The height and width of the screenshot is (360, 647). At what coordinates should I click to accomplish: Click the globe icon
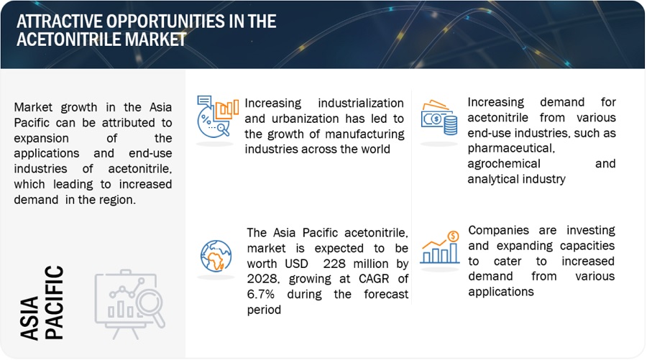(x=216, y=256)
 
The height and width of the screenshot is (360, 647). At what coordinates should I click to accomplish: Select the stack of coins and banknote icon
(x=439, y=118)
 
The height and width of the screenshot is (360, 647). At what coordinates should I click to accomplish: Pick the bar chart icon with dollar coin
(x=440, y=247)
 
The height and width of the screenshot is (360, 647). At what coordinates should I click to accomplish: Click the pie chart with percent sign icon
(x=217, y=116)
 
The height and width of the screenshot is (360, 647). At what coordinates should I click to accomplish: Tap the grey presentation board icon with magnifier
(x=129, y=305)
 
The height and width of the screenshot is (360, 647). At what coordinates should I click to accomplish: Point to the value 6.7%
(x=261, y=295)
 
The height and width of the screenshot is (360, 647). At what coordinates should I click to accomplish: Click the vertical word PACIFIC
(x=55, y=303)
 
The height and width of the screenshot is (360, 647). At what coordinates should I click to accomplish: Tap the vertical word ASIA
(x=29, y=318)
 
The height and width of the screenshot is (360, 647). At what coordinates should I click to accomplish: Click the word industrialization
(x=361, y=103)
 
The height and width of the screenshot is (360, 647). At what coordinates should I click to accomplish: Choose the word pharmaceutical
(x=511, y=149)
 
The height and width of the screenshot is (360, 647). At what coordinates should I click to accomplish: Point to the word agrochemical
(x=504, y=164)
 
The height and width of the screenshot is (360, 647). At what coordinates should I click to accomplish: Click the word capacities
(x=587, y=246)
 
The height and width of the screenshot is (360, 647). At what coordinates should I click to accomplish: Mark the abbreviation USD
(x=296, y=264)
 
